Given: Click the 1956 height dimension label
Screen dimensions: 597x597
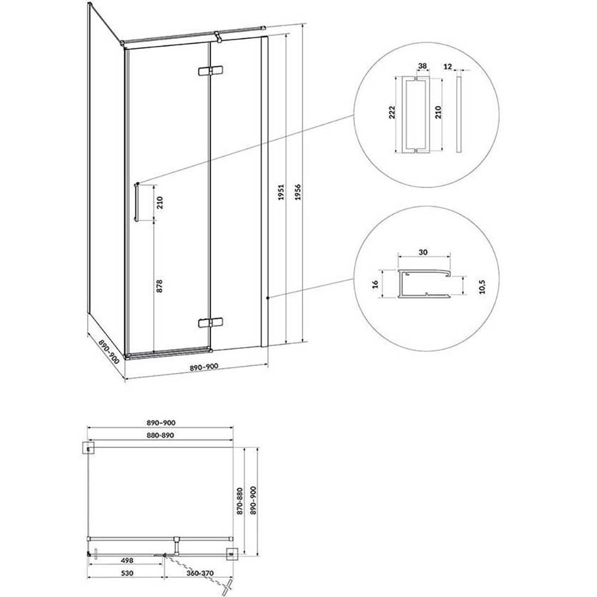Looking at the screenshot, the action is coord(298,192).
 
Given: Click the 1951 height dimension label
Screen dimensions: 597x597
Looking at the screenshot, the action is coord(281,193).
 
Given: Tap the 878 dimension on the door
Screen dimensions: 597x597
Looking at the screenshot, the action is coord(159,286).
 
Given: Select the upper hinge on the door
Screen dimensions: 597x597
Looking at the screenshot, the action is coord(211,71).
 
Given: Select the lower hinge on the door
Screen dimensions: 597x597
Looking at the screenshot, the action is coord(211,323).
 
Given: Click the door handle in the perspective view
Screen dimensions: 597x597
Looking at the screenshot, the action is coord(136,202).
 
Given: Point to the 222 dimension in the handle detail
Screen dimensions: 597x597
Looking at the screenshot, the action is coord(392,113).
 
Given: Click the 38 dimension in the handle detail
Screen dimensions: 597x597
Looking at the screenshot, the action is coord(422,66).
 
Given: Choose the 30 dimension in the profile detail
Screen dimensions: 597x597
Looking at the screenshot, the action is coord(423,252).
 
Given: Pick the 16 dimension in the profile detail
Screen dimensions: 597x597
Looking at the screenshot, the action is coord(375,284).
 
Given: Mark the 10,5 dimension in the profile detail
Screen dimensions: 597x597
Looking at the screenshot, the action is coord(482,287).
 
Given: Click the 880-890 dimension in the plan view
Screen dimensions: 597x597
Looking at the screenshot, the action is coord(160,435).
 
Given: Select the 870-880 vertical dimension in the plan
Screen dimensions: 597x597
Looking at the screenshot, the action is coord(239,501).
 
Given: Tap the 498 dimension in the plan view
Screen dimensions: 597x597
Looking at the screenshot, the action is coord(127,561).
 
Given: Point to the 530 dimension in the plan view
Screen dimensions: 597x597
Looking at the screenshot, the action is coord(127,573).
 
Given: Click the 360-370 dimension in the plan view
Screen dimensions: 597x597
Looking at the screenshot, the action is coord(200,573).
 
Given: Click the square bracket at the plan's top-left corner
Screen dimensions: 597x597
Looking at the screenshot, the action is coord(89,448).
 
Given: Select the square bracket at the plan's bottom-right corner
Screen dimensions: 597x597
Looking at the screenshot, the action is coord(232,554).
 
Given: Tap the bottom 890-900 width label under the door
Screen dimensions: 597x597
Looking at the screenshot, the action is coord(204,367).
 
